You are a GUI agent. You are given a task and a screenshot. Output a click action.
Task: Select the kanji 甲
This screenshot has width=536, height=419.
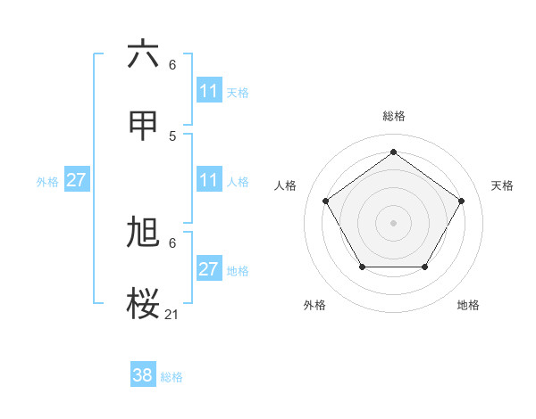[x=143, y=126]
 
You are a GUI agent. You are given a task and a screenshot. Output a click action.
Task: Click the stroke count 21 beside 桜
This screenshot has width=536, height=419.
[x=172, y=315]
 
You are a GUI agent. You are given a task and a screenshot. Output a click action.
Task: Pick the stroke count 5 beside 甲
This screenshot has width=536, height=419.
[x=172, y=136]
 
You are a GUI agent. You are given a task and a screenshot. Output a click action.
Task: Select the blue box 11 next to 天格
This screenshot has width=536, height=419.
[x=209, y=91]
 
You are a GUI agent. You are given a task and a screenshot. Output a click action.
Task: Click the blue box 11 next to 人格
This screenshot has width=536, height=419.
[x=209, y=180]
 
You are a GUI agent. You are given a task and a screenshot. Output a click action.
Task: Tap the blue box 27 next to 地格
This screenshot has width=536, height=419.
[x=209, y=269]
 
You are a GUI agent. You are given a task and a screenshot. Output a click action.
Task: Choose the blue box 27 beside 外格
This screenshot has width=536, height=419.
[x=77, y=180]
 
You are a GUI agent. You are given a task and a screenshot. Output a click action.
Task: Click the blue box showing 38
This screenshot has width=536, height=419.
[x=143, y=376]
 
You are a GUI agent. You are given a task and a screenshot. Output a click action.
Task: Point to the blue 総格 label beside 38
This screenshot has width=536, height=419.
[x=172, y=377]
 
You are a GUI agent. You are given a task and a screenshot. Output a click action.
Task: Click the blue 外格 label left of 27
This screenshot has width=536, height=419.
[x=47, y=181]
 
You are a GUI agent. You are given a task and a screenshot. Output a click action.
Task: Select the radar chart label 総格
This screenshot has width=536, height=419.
[x=394, y=116]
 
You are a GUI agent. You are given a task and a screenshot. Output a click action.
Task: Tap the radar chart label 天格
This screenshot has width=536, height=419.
[x=503, y=185]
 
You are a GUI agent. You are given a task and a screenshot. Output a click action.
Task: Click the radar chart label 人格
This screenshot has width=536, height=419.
[x=285, y=185]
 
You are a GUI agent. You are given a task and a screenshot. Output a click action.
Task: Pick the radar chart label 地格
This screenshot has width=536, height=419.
[x=468, y=305]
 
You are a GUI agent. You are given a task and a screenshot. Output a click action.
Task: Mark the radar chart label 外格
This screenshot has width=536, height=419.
[x=314, y=305]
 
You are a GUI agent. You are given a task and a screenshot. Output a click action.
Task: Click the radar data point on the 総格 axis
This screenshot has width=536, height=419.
[x=394, y=152]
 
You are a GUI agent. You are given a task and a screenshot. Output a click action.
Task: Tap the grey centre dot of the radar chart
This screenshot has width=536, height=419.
[x=394, y=222]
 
